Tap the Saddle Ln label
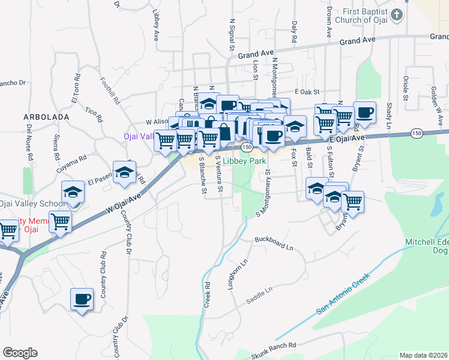point(259,292)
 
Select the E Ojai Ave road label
point(347,139)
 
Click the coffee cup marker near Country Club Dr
point(82,299)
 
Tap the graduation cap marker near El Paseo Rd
point(124,172)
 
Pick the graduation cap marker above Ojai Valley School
point(73,192)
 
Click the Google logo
point(20,353)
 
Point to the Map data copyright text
point(424,355)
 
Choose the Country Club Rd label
point(103,275)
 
